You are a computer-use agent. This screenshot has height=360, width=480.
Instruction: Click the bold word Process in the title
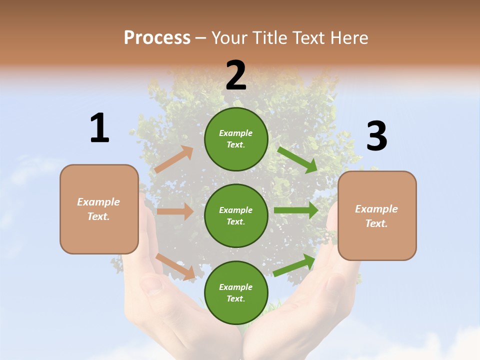pyautogui.click(x=157, y=38)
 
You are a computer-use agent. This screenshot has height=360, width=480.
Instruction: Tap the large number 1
pyautogui.click(x=99, y=128)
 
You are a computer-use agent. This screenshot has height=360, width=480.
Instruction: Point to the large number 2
pyautogui.click(x=236, y=75)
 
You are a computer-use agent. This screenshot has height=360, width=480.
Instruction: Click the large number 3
pyautogui.click(x=376, y=136)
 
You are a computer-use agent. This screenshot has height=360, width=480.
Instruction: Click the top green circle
pyautogui.click(x=236, y=139)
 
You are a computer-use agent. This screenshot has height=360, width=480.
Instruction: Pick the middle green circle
pyautogui.click(x=236, y=215)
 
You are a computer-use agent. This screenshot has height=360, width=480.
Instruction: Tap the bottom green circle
pyautogui.click(x=236, y=292)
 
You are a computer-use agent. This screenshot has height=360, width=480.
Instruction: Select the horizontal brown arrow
pyautogui.click(x=175, y=211)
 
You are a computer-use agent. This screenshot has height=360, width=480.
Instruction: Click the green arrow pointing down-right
pyautogui.click(x=298, y=159)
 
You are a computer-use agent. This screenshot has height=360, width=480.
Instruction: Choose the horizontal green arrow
pyautogui.click(x=296, y=210)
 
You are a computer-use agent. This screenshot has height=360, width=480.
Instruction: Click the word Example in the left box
pyautogui.click(x=98, y=202)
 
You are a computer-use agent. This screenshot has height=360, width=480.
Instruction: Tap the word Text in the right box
pyautogui.click(x=375, y=223)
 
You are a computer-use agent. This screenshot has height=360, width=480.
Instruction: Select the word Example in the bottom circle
pyautogui.click(x=236, y=287)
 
